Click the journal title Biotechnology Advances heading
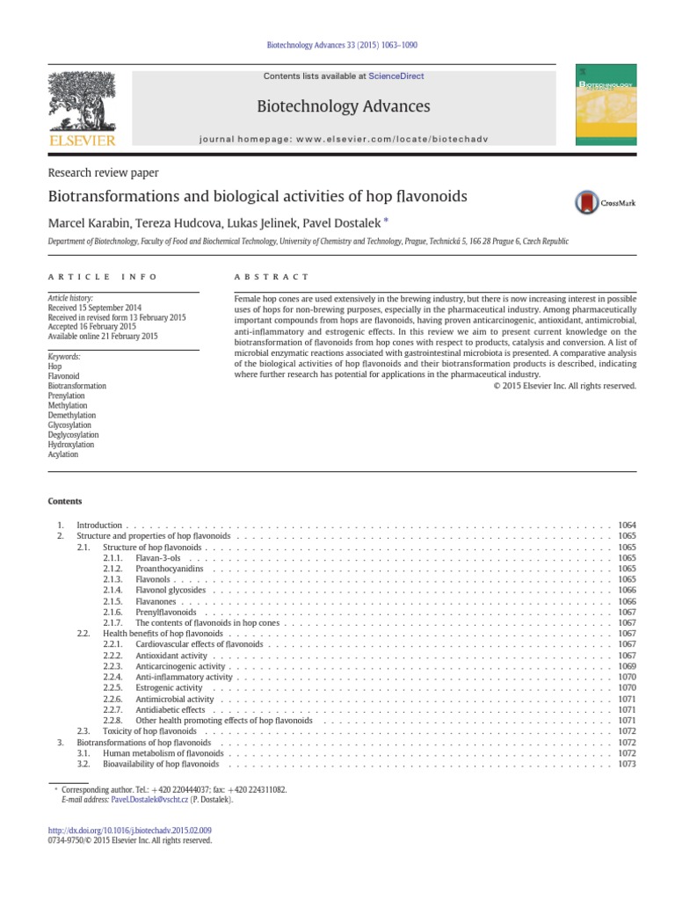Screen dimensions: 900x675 click(x=343, y=107)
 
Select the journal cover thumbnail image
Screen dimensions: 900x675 click(x=606, y=105)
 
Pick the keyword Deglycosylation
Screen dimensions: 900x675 click(x=73, y=435)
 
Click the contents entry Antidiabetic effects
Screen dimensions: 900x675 click(x=170, y=709)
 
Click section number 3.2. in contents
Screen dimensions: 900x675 click(x=83, y=765)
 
